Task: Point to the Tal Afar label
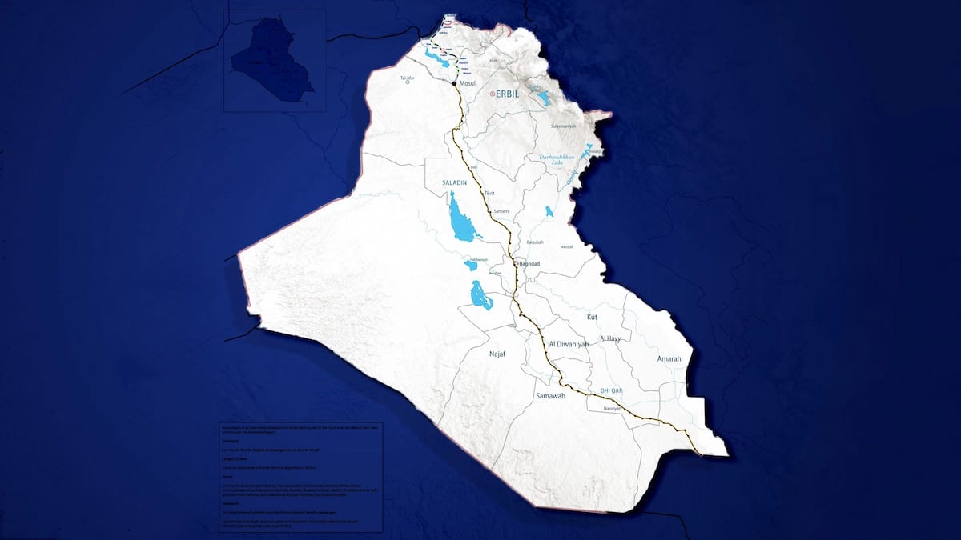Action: tap(408, 78)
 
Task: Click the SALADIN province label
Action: tap(454, 183)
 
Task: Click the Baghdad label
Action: tap(532, 263)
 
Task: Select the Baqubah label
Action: tap(534, 242)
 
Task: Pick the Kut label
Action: tap(593, 318)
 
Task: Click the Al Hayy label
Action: tap(610, 338)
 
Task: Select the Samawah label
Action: tap(550, 396)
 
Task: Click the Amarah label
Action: tap(669, 359)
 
